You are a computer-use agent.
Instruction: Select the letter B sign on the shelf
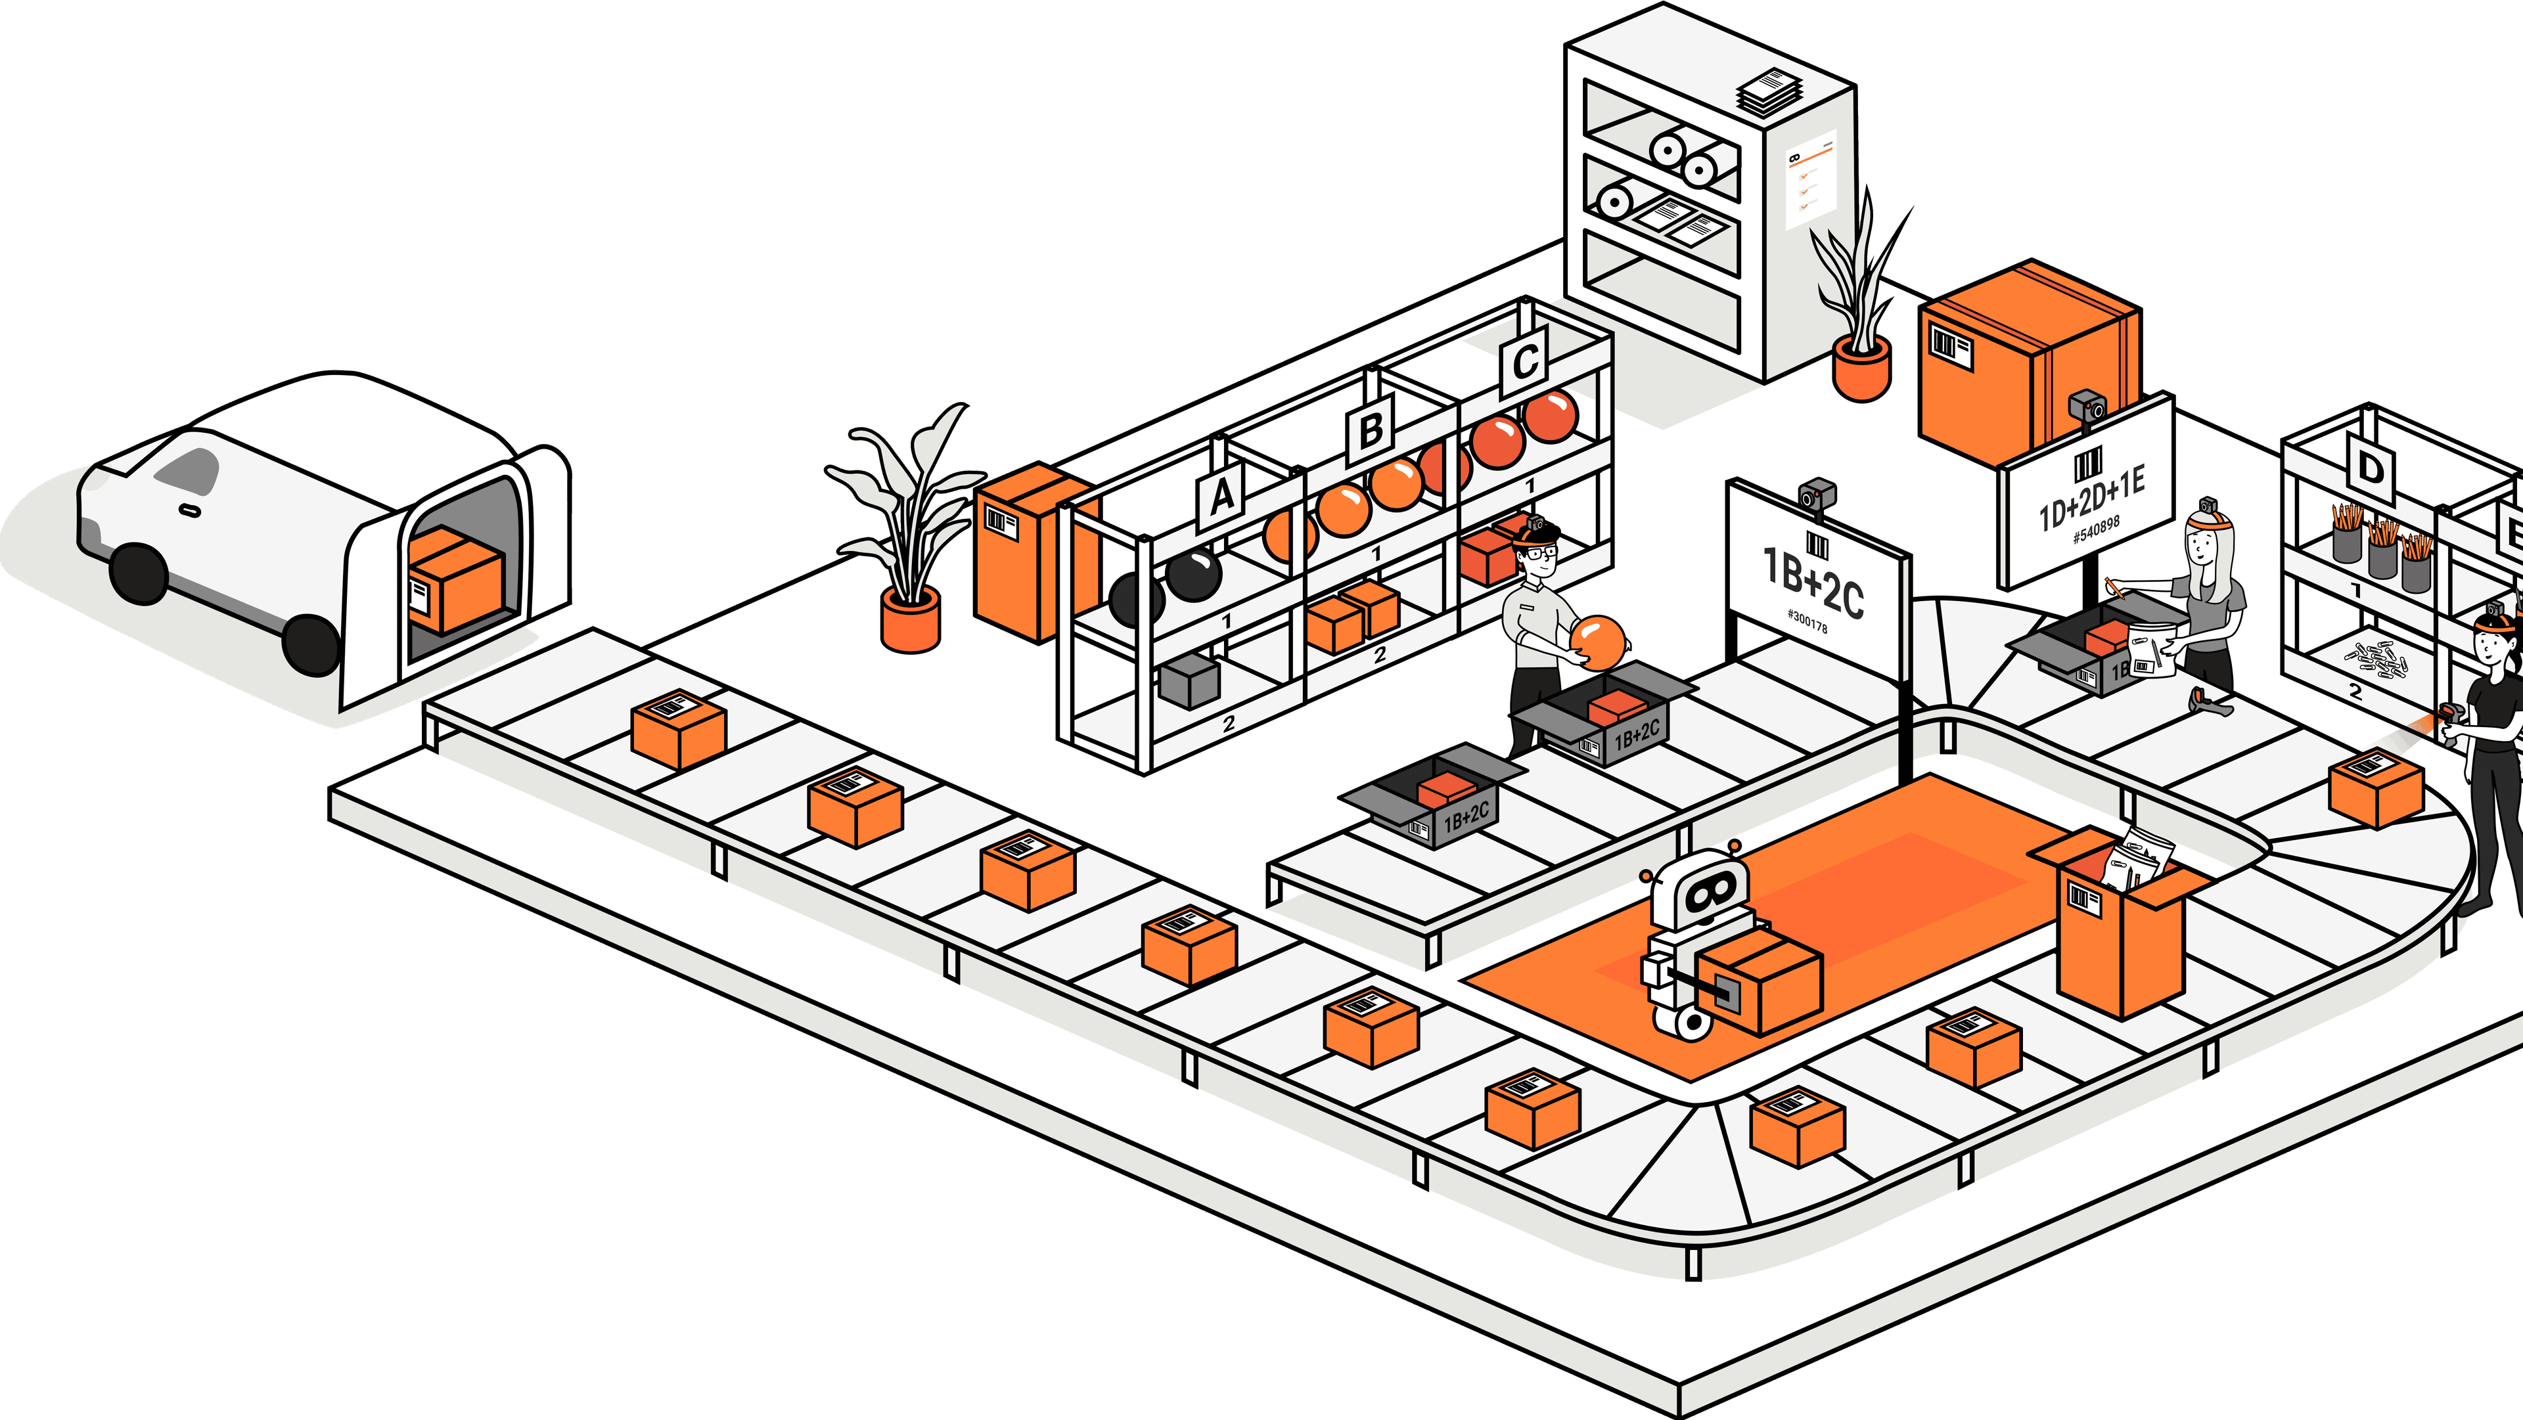click(x=1371, y=429)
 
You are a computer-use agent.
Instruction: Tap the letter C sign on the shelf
click(x=1524, y=363)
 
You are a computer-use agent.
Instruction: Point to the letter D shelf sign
click(x=2370, y=468)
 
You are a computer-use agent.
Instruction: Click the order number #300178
click(x=1807, y=621)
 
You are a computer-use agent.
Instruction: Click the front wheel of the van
click(x=138, y=575)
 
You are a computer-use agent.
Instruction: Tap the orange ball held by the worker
click(x=1599, y=642)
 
